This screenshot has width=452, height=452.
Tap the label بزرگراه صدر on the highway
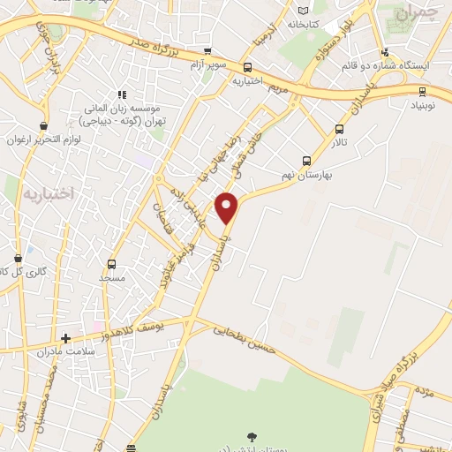coord(142,40)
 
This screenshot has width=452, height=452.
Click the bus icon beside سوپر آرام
coord(207,52)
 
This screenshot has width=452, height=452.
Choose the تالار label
coord(340,141)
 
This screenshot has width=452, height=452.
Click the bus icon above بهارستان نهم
coord(306,161)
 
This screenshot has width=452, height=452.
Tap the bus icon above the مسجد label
coord(111,263)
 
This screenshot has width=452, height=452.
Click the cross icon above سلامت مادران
coord(64,337)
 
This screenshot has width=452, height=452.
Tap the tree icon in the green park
coord(252,435)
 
